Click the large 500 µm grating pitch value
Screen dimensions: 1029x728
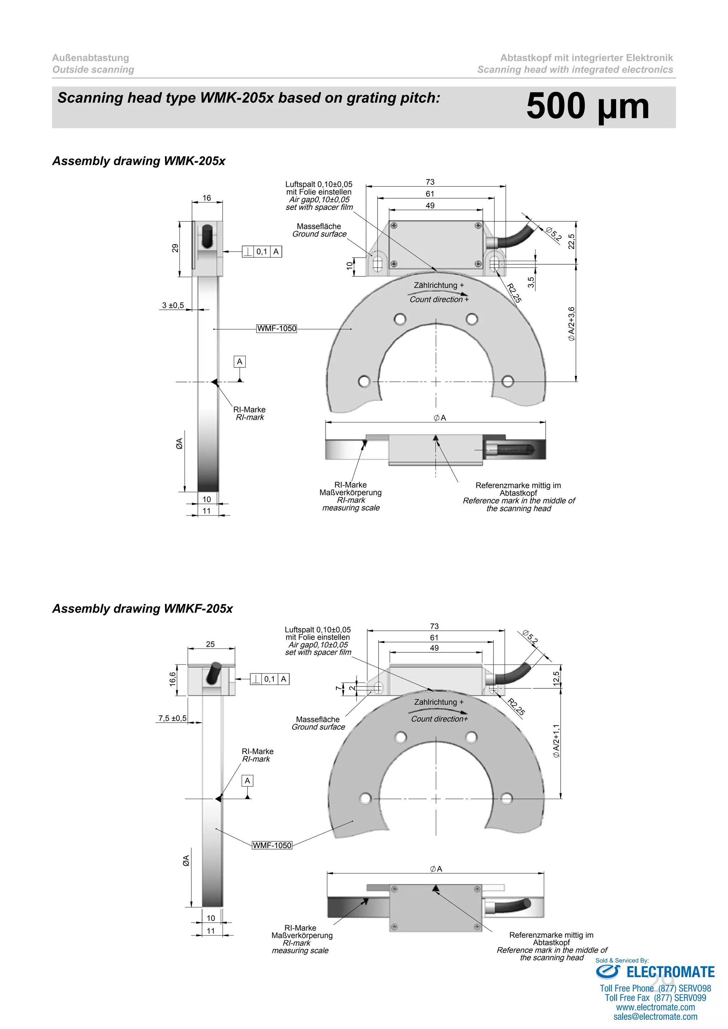coord(587,107)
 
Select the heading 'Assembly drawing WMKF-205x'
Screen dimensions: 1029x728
coord(143,609)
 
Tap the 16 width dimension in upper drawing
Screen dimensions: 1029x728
coord(207,198)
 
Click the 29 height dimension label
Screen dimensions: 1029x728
coord(175,248)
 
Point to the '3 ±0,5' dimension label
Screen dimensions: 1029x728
coord(173,305)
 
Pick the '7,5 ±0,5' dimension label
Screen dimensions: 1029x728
coord(172,718)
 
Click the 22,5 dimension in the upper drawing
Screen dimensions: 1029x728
coord(572,242)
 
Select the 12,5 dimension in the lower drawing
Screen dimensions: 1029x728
coord(556,679)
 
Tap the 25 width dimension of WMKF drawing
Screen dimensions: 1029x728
coord(210,644)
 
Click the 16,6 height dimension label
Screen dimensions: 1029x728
coord(173,679)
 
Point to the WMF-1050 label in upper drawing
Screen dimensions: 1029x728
coord(277,329)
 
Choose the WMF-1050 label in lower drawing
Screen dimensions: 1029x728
coord(272,845)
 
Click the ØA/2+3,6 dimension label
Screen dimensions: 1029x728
coord(572,324)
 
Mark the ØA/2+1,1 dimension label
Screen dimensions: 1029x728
coord(556,741)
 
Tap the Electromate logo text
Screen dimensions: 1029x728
coord(670,972)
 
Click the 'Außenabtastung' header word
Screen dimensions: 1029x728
coord(91,58)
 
